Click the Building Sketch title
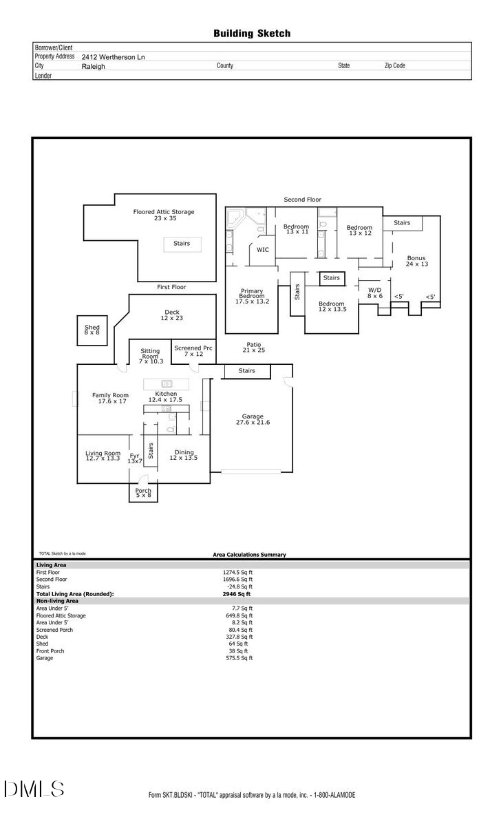pyautogui.click(x=251, y=33)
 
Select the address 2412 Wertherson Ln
pyautogui.click(x=114, y=57)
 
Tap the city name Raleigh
pyautogui.click(x=94, y=66)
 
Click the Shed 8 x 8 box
pyautogui.click(x=92, y=330)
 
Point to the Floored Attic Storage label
pyautogui.click(x=164, y=215)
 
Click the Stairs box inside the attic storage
pyautogui.click(x=182, y=244)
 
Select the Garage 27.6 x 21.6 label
pyautogui.click(x=252, y=419)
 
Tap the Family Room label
pyautogui.click(x=110, y=398)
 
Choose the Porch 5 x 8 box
pyautogui.click(x=143, y=493)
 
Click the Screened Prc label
pyautogui.click(x=193, y=351)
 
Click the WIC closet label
pyautogui.click(x=263, y=250)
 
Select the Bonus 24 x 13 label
pyautogui.click(x=416, y=261)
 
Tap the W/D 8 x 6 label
pyautogui.click(x=374, y=293)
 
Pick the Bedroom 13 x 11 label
pyautogui.click(x=297, y=229)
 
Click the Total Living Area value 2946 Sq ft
pyautogui.click(x=237, y=593)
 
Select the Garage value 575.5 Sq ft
pyautogui.click(x=240, y=658)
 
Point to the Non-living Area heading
pyautogui.click(x=57, y=601)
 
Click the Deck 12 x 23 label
pyautogui.click(x=172, y=315)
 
